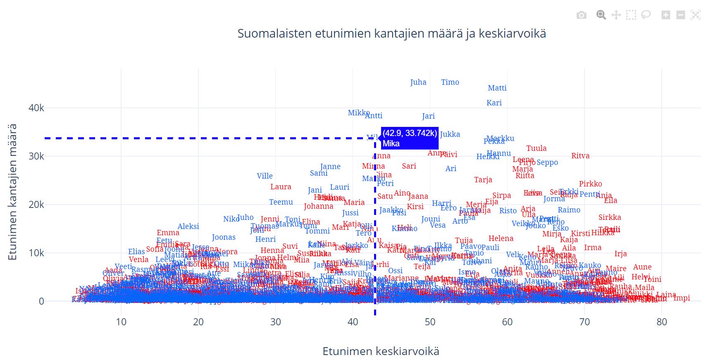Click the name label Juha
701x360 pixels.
point(418,82)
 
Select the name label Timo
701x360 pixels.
point(450,82)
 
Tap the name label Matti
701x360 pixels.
point(497,88)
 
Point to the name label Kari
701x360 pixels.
point(494,103)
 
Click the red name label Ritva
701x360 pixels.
point(580,156)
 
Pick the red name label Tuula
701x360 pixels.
point(536,148)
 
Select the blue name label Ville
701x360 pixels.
point(265,176)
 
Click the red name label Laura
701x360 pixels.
point(281,187)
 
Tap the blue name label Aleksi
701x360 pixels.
point(188,226)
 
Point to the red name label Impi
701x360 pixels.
point(682,298)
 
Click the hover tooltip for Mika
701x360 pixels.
point(409,138)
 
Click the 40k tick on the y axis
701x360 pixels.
point(36,108)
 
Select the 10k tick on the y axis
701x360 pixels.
point(36,253)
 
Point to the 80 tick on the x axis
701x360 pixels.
point(661,322)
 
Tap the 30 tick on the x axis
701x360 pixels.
point(275,322)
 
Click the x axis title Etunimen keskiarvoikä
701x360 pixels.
point(381,351)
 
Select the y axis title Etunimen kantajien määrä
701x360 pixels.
point(12,192)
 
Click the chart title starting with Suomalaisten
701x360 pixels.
point(391,33)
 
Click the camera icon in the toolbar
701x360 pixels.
point(581,15)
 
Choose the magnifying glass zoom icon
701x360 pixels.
point(601,15)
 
